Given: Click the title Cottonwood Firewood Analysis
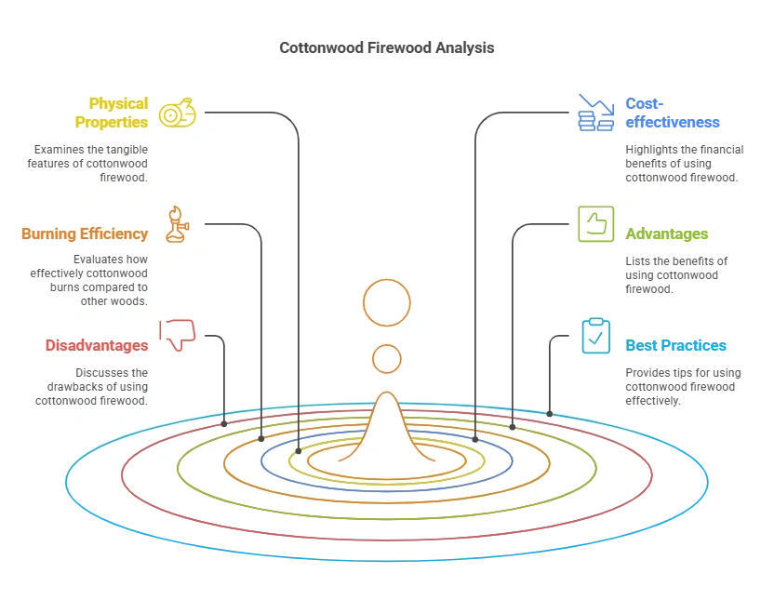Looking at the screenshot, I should coord(386,47).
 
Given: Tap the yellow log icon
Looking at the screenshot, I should coord(177,113).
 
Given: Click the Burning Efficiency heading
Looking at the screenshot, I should coord(85,233).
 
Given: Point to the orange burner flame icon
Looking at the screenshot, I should coord(176,225).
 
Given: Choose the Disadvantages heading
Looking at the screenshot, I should coord(97,345).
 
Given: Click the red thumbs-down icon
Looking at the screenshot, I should coord(177,334).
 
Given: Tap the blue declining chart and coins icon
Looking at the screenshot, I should coord(596,113).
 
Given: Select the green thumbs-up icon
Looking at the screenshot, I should coord(596,224).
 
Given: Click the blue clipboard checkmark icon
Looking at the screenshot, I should coord(596,336).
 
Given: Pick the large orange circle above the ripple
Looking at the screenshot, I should coord(387,302).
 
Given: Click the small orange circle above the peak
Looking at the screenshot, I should coord(387,359).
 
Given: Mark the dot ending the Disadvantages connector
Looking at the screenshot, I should coord(224,423).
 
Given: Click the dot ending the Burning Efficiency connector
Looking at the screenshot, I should coord(261,438).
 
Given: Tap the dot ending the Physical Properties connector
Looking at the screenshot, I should coord(299,452).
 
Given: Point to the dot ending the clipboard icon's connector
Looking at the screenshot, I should coord(550,414).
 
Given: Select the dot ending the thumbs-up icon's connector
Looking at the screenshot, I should coord(513,427).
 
